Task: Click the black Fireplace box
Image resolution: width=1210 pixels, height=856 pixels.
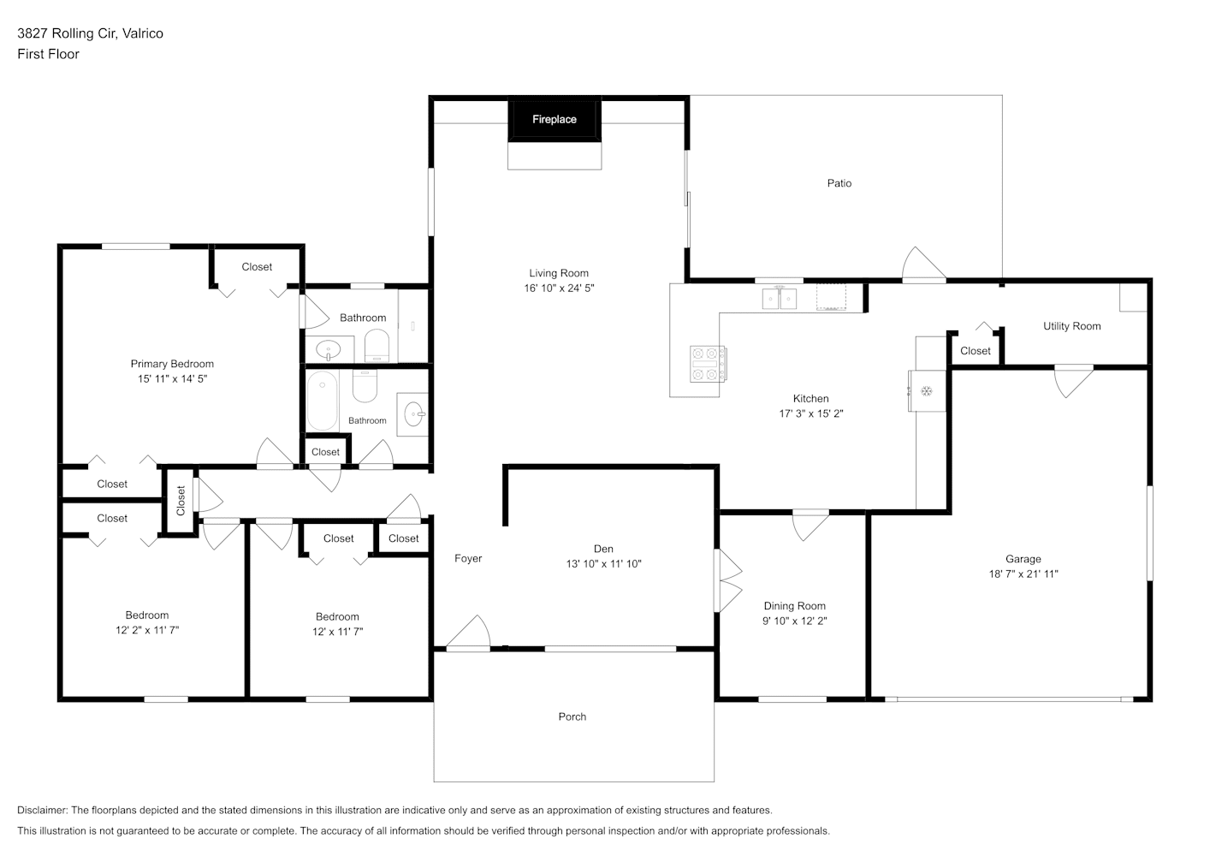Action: [555, 120]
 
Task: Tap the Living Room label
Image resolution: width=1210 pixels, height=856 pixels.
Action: [559, 273]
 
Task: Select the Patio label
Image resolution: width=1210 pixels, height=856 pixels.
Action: [839, 183]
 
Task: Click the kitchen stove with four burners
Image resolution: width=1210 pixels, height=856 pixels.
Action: [708, 365]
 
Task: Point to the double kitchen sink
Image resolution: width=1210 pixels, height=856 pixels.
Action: [779, 298]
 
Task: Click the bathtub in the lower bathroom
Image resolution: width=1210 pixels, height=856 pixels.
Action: [323, 401]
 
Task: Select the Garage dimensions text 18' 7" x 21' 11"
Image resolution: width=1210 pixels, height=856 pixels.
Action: [1023, 574]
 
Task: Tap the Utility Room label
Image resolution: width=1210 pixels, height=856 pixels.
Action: [1071, 326]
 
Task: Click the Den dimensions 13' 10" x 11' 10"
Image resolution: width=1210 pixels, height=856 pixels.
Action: [603, 563]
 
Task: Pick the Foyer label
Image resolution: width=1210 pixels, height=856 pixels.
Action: [468, 558]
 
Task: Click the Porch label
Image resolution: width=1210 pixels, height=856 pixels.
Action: [572, 716]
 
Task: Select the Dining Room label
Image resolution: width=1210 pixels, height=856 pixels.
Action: [795, 606]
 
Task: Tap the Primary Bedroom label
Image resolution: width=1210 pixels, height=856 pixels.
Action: [172, 364]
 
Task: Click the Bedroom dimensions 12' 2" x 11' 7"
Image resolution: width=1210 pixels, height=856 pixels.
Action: [147, 630]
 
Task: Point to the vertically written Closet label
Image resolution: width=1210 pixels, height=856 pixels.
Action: [181, 501]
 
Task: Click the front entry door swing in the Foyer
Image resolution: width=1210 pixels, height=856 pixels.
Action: [469, 631]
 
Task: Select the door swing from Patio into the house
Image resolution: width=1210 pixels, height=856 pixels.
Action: [923, 264]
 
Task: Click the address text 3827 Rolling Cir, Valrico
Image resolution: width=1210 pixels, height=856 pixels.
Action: [90, 33]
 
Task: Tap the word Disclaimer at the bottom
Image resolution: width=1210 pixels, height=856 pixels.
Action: [43, 810]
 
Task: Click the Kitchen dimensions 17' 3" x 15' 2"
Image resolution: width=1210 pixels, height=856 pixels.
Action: [811, 413]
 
